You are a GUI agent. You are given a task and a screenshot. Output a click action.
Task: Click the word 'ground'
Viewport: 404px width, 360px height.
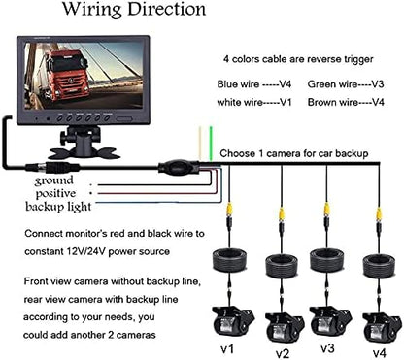point(53,180)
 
